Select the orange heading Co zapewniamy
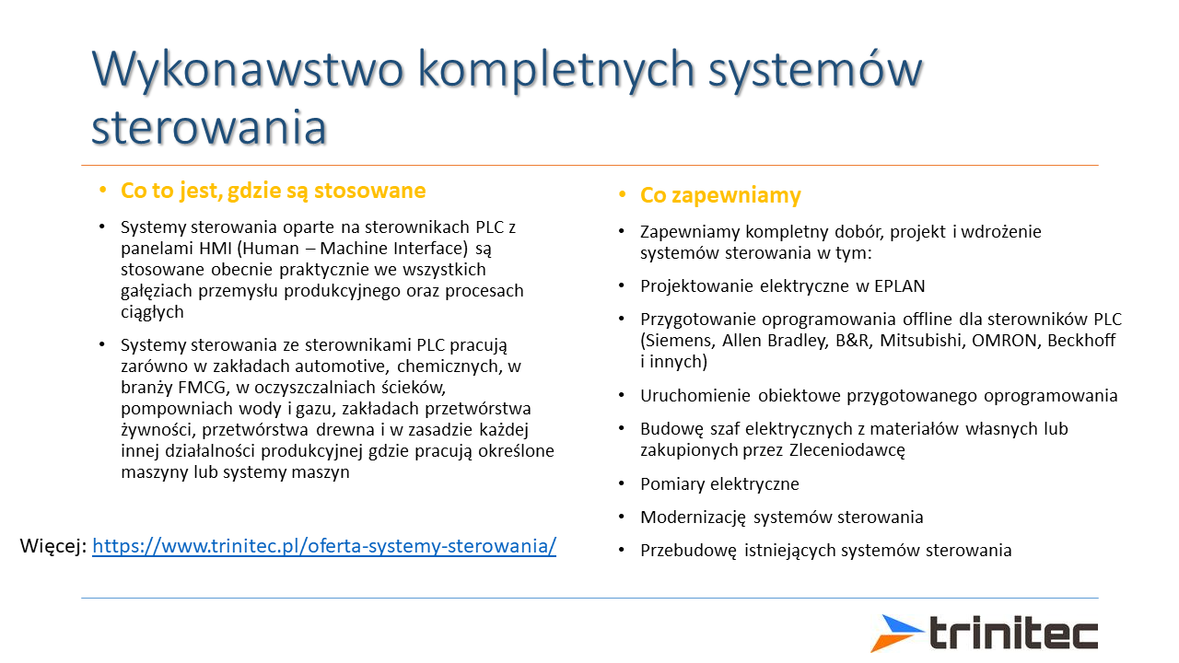pos(720,195)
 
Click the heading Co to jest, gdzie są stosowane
pos(273,191)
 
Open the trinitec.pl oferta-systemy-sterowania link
pos(324,546)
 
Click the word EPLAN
pos(900,285)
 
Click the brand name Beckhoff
pos(1081,341)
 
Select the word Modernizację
pos(693,518)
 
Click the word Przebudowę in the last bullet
pos(688,551)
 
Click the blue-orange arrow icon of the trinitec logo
pos(896,633)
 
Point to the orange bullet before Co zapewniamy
pos(622,195)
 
